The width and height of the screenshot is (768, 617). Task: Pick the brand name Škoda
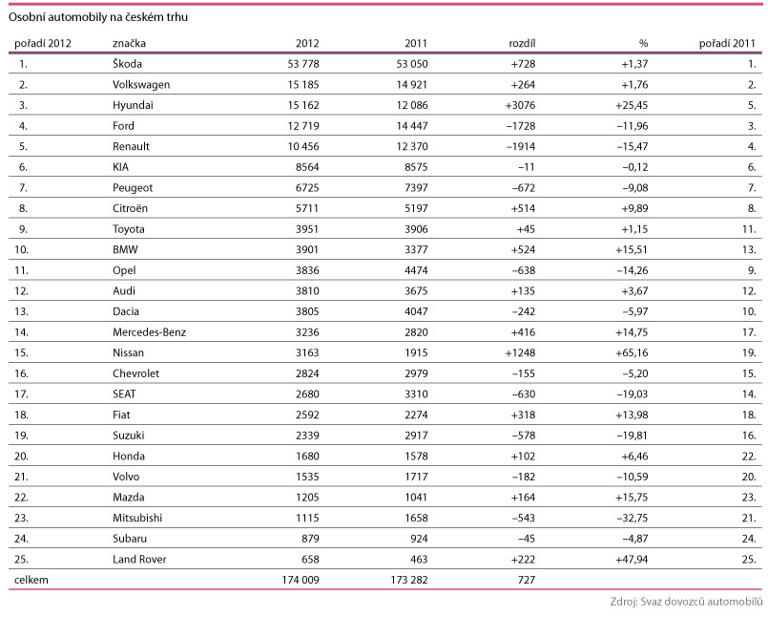128,64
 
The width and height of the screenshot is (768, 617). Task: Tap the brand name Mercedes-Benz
150,331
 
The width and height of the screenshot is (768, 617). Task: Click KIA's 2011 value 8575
410,166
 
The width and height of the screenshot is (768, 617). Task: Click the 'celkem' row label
29,580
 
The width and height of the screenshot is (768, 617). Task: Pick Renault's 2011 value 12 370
402,146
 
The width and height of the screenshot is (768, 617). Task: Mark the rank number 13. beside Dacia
25,311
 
